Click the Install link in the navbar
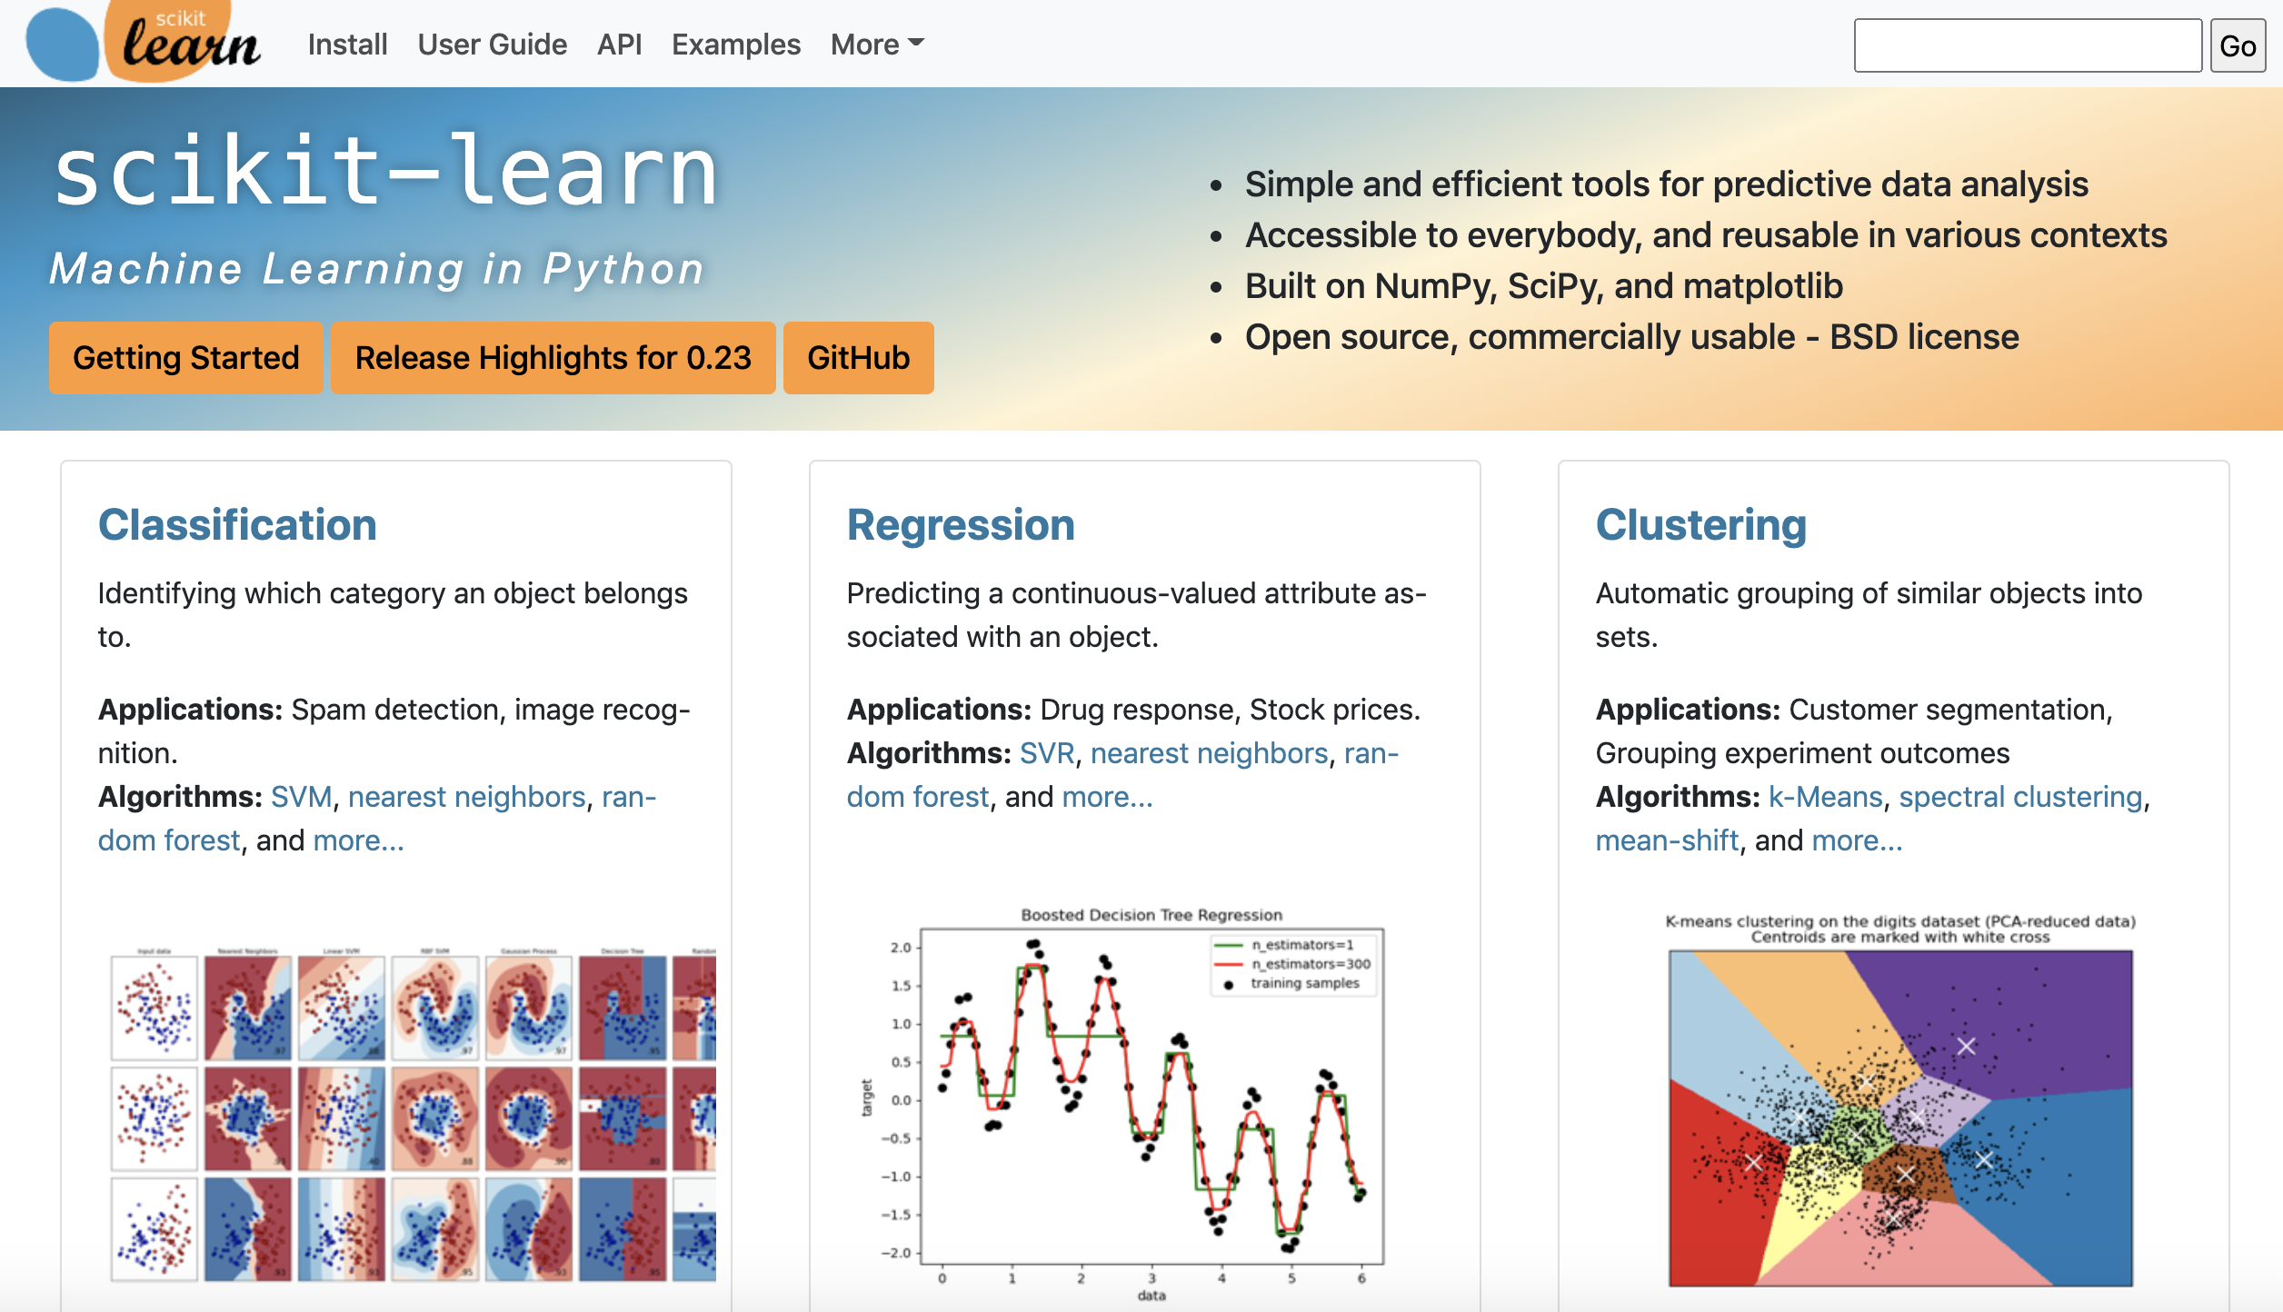click(x=347, y=45)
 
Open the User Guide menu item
click(x=492, y=45)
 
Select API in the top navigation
click(x=619, y=45)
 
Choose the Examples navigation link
click(x=735, y=45)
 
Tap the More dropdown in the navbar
click(x=876, y=45)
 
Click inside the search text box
click(x=2027, y=45)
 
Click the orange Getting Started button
click(x=185, y=358)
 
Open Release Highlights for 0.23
click(x=553, y=358)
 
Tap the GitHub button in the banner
click(x=858, y=358)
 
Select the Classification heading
click(x=237, y=525)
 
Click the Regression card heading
click(x=960, y=525)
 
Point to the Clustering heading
click(x=1700, y=525)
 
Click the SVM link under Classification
click(x=301, y=797)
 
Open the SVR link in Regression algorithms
click(x=1046, y=753)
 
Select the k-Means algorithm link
click(x=1825, y=797)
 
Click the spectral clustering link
click(x=2020, y=797)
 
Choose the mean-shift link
click(x=1667, y=840)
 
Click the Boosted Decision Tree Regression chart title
click(x=1151, y=915)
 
